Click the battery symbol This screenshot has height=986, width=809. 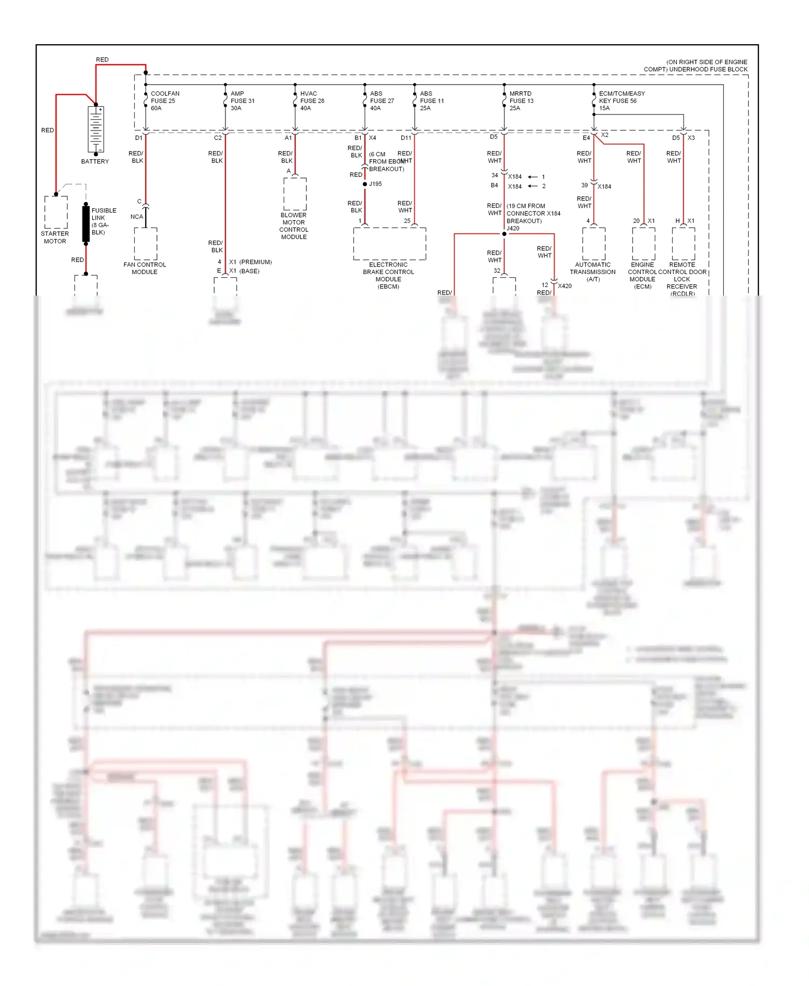click(95, 129)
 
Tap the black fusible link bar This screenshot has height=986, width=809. click(86, 223)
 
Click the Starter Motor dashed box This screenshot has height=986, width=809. click(56, 212)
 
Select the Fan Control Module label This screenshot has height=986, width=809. click(145, 268)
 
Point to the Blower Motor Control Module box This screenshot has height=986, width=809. click(295, 194)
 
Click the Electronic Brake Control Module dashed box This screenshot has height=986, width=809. click(389, 243)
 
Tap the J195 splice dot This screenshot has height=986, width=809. click(365, 184)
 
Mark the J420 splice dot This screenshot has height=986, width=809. click(504, 234)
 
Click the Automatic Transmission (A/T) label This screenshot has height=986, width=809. click(593, 272)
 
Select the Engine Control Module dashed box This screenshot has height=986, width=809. click(643, 243)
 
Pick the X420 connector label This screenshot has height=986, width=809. click(565, 286)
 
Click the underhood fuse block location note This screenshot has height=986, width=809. click(696, 66)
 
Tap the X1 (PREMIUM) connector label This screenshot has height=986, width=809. click(250, 262)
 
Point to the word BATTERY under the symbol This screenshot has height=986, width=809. click(95, 161)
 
